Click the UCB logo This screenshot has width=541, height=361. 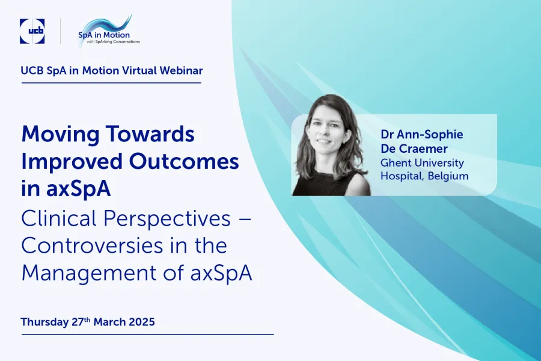[32, 31]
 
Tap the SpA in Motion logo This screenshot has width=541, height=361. [108, 31]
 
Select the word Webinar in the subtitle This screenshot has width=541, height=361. [181, 70]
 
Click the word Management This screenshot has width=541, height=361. [89, 274]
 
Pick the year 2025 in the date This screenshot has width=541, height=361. [142, 322]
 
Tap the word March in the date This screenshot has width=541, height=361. [109, 322]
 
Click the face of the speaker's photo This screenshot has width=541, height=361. [326, 129]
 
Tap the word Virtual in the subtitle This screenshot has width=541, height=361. [139, 70]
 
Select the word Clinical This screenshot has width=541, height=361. [59, 218]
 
